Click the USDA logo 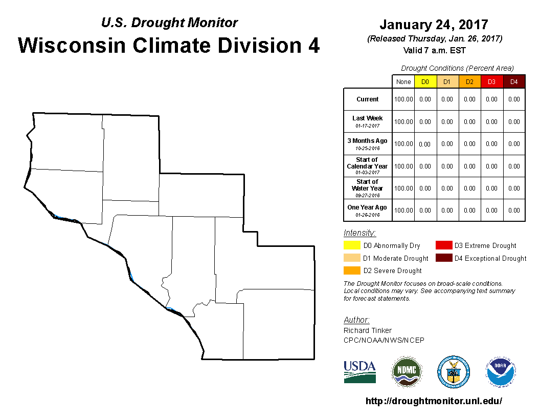(x=359, y=372)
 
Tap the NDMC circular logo (x=407, y=372)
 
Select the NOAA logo (x=501, y=372)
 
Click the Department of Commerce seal (x=454, y=372)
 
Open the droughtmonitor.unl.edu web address (x=434, y=401)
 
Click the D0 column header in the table (x=425, y=82)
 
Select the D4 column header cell (x=514, y=82)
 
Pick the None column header (x=403, y=82)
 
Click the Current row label (x=368, y=99)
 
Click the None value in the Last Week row (x=403, y=122)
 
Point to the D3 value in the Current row (x=492, y=99)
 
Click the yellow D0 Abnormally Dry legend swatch (x=352, y=245)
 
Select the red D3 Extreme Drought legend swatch (x=444, y=245)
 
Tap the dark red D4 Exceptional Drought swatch (x=444, y=258)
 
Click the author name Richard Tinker (x=368, y=330)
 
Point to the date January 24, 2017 (x=434, y=25)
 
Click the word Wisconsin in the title (x=72, y=46)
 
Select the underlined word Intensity (x=359, y=233)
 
